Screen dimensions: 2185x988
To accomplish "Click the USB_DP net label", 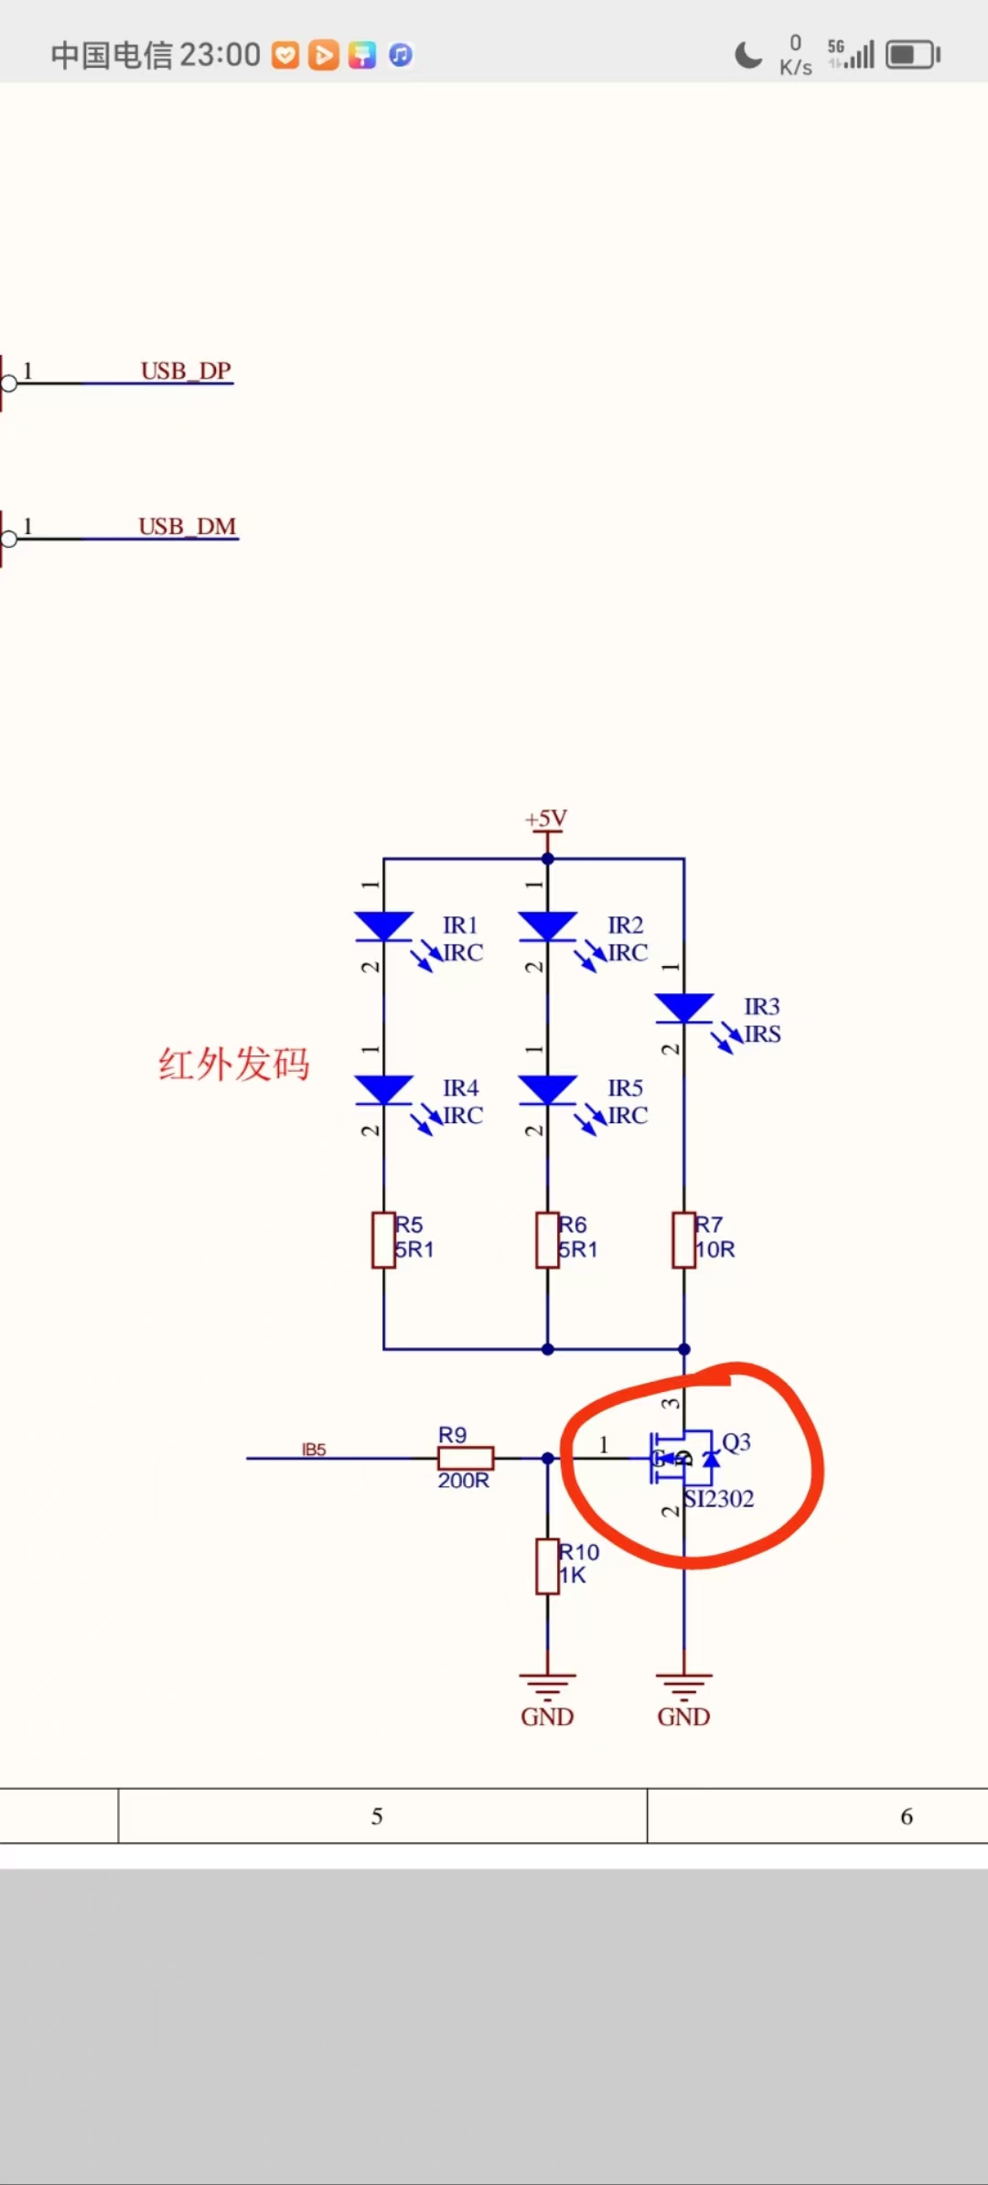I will (186, 370).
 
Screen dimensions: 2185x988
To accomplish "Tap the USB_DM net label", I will (188, 526).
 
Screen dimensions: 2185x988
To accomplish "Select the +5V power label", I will (546, 819).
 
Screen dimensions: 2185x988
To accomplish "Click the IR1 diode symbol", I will (383, 926).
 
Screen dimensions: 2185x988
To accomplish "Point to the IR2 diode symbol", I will (547, 926).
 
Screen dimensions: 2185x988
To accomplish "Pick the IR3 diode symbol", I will (683, 1008).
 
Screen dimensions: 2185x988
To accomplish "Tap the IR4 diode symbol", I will (383, 1089).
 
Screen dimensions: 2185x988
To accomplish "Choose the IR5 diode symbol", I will (547, 1089).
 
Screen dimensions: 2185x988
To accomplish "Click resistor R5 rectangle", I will (383, 1239).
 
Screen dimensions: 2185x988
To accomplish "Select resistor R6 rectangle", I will (547, 1239).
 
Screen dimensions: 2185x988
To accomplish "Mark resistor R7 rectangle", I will (683, 1239).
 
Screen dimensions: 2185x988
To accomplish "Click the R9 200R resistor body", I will (466, 1458).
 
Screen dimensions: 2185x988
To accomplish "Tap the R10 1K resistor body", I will (547, 1566).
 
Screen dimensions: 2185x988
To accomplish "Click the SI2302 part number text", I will (720, 1498).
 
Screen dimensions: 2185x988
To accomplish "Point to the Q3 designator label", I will (736, 1442).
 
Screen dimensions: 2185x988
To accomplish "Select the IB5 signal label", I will (314, 1450).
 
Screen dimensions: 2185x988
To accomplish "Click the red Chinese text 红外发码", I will (234, 1065).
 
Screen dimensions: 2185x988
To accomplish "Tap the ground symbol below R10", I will (547, 1683).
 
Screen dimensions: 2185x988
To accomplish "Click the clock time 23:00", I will (220, 55).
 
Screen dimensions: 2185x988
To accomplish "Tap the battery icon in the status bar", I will (912, 55).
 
